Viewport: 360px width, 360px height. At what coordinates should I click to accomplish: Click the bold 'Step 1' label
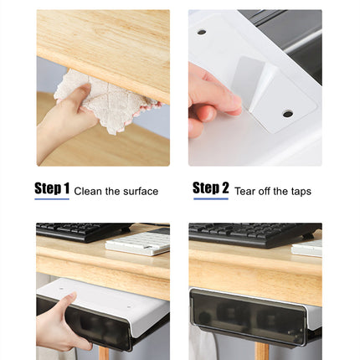(x=52, y=188)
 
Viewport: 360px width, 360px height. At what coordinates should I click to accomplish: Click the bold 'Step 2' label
(x=210, y=188)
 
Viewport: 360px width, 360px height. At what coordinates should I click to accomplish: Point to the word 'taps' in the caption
(x=299, y=192)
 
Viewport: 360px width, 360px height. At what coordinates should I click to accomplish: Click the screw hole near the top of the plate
(x=202, y=32)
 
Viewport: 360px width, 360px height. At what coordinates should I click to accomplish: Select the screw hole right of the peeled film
(x=287, y=113)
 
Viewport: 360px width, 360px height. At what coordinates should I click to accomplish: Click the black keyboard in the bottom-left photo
(x=80, y=231)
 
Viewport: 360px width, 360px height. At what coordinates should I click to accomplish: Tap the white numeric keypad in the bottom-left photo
(x=138, y=244)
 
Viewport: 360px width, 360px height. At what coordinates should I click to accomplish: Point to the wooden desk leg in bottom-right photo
(x=262, y=352)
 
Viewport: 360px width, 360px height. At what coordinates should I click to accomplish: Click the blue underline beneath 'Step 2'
(x=210, y=199)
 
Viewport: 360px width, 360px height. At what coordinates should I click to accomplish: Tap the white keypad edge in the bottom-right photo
(x=308, y=248)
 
